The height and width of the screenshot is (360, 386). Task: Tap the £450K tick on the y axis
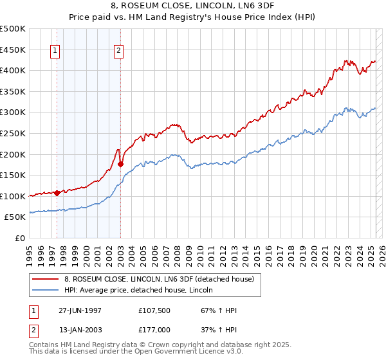coord(13,50)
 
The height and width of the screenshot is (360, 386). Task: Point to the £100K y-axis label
coord(13,196)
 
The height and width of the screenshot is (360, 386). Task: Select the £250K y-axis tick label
coord(13,133)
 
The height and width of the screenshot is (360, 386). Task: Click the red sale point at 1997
coord(57,192)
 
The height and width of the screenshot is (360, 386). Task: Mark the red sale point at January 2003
coord(120,163)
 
